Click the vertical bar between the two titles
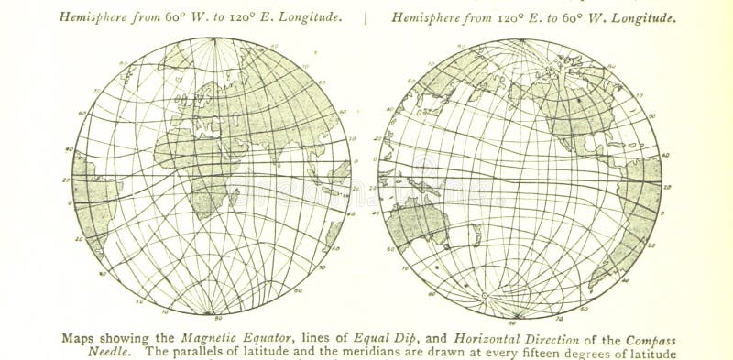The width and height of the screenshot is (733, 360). pos(367,16)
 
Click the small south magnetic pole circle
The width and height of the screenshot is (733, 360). pos(484,295)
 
